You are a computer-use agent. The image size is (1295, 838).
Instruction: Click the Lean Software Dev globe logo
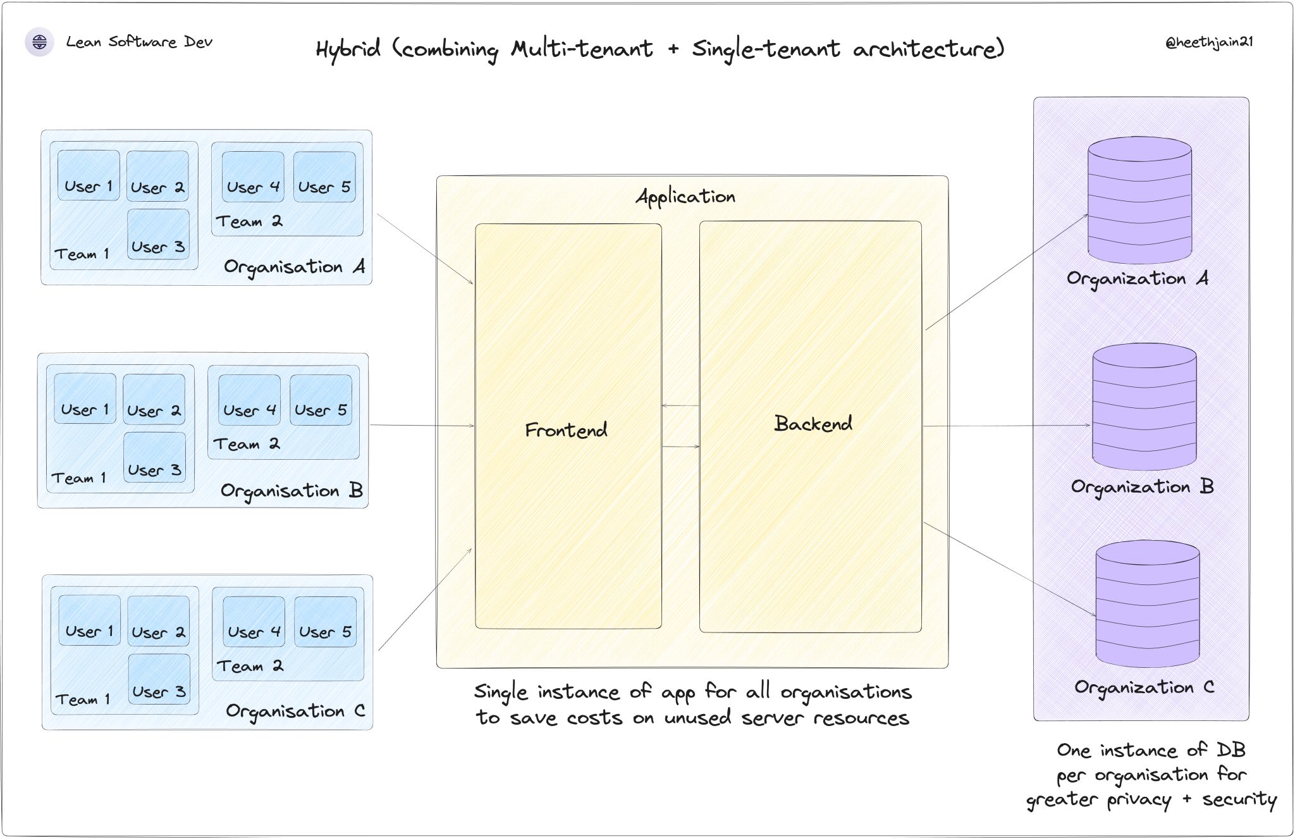point(39,42)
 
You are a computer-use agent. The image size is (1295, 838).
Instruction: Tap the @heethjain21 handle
point(1208,42)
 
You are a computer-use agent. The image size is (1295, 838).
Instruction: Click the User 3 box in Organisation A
point(158,235)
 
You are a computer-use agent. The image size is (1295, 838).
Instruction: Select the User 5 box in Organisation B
point(321,400)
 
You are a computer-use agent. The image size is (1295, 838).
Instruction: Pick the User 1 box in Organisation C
point(89,620)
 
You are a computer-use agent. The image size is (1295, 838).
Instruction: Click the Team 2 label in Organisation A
point(249,221)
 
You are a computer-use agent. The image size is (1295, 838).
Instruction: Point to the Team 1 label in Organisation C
point(82,699)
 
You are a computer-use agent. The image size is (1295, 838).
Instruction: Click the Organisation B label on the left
point(292,491)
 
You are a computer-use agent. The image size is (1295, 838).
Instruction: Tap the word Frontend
point(566,431)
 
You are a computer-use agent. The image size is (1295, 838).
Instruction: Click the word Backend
point(813,424)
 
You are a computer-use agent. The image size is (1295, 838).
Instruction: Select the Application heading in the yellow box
point(685,197)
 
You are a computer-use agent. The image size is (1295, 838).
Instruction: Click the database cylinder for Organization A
point(1139,200)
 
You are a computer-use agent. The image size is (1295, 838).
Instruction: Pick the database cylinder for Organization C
point(1147,604)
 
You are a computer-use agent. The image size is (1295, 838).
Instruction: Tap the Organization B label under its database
point(1142,487)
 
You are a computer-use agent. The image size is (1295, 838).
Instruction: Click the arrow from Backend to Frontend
point(680,405)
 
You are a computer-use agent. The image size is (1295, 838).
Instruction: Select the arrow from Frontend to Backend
point(680,447)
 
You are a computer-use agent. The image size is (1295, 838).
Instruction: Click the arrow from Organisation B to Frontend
point(422,426)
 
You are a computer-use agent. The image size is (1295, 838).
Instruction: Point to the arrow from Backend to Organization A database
point(1007,272)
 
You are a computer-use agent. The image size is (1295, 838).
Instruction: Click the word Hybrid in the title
point(348,49)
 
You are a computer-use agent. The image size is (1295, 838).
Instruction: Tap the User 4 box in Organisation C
point(254,622)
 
